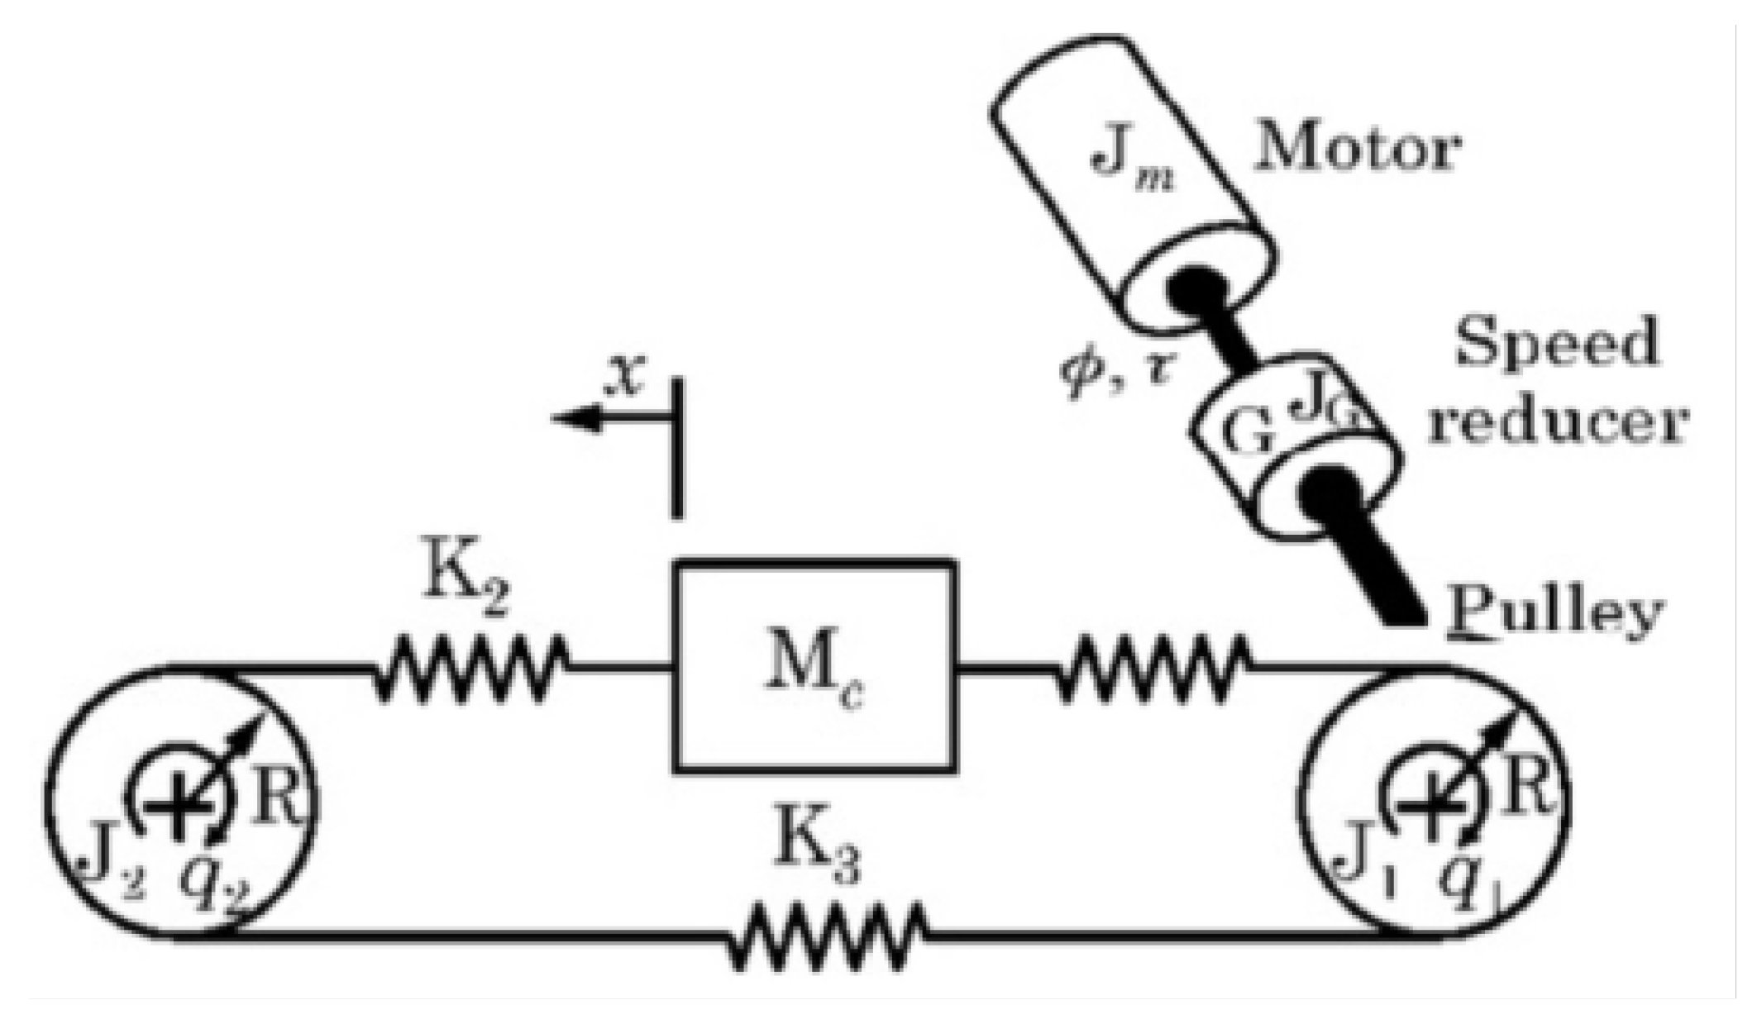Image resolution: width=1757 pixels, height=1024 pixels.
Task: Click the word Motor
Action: (x=1356, y=150)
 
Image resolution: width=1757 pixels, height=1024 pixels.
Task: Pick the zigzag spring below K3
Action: (x=827, y=936)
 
